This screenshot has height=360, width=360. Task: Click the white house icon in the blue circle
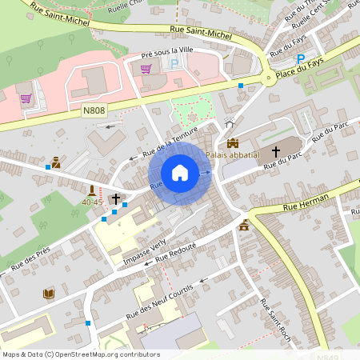[180, 173]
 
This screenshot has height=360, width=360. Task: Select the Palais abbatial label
[233, 154]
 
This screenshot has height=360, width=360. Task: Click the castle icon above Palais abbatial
[233, 142]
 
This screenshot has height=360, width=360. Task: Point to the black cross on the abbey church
[276, 150]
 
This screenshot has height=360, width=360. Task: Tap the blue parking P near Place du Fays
[301, 59]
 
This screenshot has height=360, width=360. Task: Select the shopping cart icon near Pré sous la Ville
[146, 68]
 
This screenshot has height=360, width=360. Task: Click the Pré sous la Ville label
[167, 50]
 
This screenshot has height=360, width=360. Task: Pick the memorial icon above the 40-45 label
[92, 190]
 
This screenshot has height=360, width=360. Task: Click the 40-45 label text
[92, 202]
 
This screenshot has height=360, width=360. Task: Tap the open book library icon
[48, 294]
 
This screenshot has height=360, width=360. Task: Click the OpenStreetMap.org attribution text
[102, 354]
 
